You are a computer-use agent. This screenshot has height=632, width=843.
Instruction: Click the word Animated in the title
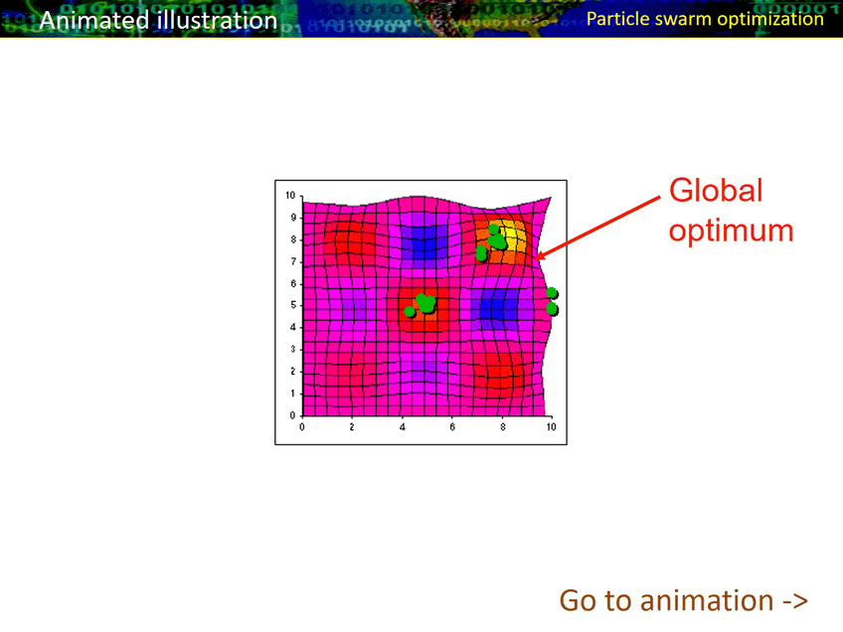tap(94, 21)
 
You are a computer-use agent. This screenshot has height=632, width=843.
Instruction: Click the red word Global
tap(716, 190)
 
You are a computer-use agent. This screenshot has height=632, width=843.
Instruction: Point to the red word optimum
tap(732, 232)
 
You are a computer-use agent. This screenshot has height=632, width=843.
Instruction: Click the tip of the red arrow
tap(537, 258)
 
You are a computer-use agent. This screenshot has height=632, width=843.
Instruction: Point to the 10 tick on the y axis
tap(290, 195)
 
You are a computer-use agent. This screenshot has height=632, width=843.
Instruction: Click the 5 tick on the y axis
tap(293, 305)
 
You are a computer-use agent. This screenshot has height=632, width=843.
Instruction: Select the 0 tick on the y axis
tap(293, 415)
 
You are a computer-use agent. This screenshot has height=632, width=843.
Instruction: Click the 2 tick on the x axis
tap(352, 426)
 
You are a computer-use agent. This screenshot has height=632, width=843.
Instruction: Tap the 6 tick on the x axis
tap(452, 426)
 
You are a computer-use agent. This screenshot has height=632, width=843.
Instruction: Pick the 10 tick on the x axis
tap(551, 426)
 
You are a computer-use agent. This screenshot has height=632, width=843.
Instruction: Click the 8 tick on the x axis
tap(503, 426)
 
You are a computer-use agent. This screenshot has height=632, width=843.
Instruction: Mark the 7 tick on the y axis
tap(293, 261)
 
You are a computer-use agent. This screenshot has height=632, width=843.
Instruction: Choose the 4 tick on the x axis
tap(403, 426)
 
